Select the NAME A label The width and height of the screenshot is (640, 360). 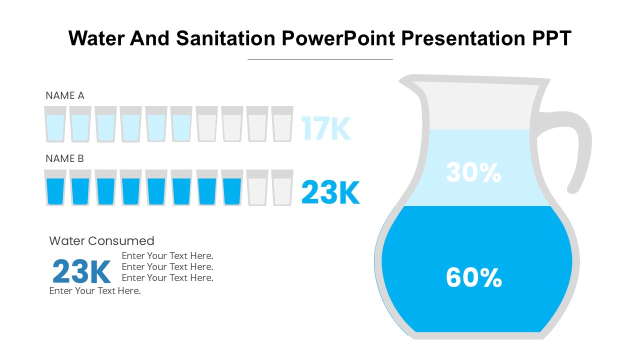[65, 95]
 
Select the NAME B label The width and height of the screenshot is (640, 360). [65, 158]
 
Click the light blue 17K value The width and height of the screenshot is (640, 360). [326, 129]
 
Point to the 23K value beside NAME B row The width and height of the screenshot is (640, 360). [330, 192]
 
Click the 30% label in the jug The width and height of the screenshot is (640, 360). [473, 172]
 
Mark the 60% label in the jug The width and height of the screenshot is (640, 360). [473, 277]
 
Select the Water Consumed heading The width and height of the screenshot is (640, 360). [101, 241]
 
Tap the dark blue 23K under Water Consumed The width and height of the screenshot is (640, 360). [81, 272]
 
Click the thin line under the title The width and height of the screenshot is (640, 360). [320, 59]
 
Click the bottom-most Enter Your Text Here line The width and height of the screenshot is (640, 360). [95, 291]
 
